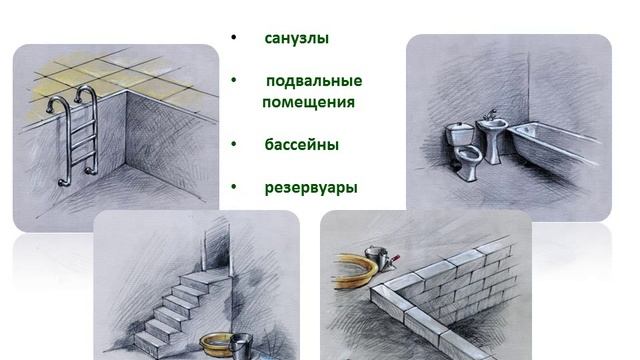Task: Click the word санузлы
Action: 297,38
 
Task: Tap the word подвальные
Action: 314,81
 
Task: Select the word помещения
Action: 309,102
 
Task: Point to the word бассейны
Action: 302,144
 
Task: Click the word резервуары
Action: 311,187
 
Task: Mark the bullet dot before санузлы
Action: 233,38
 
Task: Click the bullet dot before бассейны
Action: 233,144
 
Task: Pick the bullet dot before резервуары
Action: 233,187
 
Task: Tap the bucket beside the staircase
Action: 241,346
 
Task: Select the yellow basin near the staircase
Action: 216,345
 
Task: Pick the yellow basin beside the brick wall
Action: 356,270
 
